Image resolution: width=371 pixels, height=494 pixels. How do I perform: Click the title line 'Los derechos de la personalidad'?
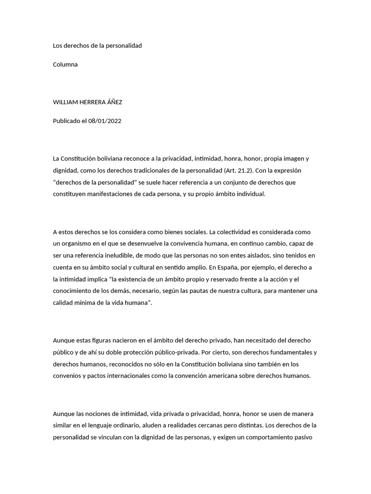coord(97,46)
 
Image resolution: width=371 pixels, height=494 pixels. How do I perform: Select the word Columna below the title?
coord(65,65)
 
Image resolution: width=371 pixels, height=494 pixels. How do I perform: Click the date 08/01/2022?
coord(105,121)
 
